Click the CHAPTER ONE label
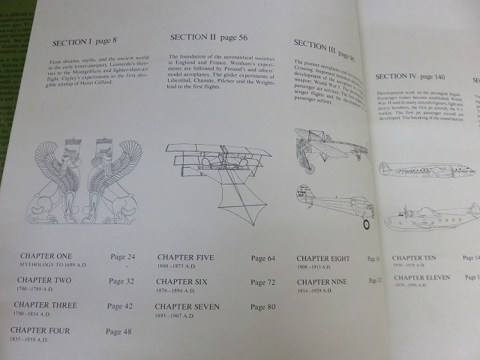click(46, 256)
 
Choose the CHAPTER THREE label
click(45, 305)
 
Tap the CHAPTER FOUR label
click(41, 330)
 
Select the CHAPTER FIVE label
click(185, 258)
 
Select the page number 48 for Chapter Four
click(118, 331)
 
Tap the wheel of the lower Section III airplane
click(366, 223)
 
